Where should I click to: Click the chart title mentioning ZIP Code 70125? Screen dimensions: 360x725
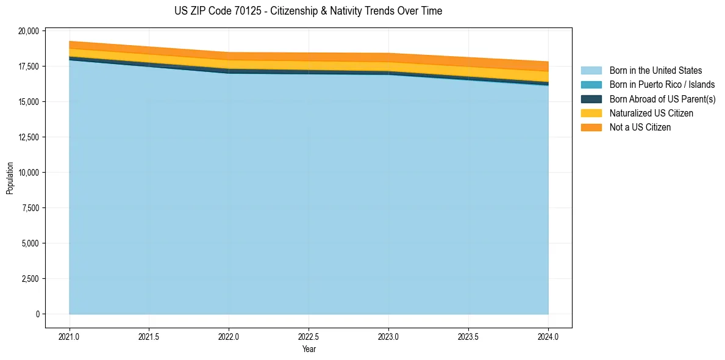coord(309,11)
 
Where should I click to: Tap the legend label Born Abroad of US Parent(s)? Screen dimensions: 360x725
coord(662,99)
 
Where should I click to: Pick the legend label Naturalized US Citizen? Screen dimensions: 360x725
coord(651,113)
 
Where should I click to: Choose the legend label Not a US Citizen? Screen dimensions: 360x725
coord(640,128)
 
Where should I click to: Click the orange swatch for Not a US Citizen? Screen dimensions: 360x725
coord(591,128)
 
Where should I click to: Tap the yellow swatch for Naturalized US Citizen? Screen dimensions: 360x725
coord(591,113)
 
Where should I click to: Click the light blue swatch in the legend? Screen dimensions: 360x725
coord(591,71)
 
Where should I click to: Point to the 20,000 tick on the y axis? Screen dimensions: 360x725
coord(28,31)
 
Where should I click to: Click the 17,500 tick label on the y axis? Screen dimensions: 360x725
coord(28,66)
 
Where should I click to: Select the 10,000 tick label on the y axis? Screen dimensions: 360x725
coord(28,173)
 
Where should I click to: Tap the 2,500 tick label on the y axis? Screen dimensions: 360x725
coord(30,279)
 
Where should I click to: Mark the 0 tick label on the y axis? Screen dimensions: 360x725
coord(37,314)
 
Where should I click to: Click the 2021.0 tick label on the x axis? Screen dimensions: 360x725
coord(70,336)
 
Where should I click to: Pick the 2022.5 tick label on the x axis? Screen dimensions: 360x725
coord(309,336)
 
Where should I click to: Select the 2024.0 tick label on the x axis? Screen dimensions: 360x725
coord(548,336)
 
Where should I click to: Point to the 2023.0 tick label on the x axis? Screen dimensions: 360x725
coord(388,336)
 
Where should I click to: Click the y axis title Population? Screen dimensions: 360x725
coord(10,178)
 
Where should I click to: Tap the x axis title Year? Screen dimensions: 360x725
coord(309,349)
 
